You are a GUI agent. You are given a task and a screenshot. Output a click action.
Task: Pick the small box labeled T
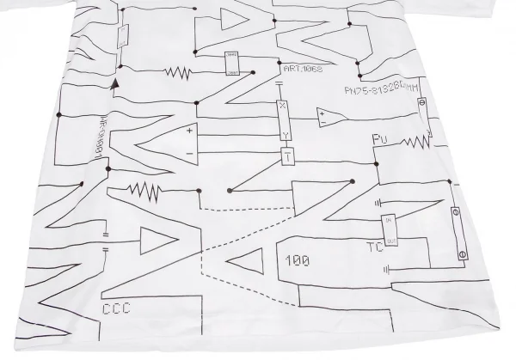point(287,157)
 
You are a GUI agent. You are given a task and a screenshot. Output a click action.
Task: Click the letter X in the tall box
point(281,107)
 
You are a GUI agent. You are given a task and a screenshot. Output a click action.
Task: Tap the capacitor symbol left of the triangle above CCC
point(105,240)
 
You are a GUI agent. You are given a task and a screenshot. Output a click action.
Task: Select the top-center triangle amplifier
point(232,19)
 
